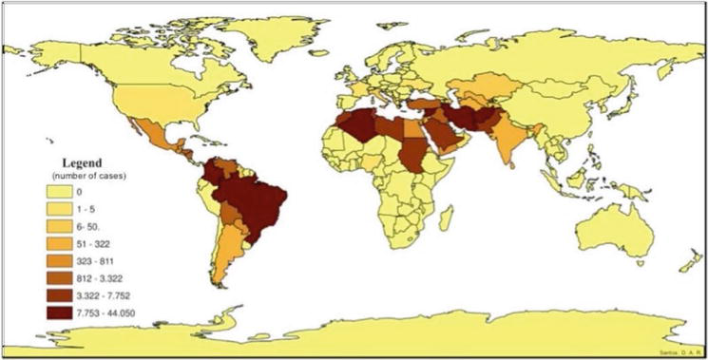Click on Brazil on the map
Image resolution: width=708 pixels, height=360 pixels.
coord(255,204)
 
